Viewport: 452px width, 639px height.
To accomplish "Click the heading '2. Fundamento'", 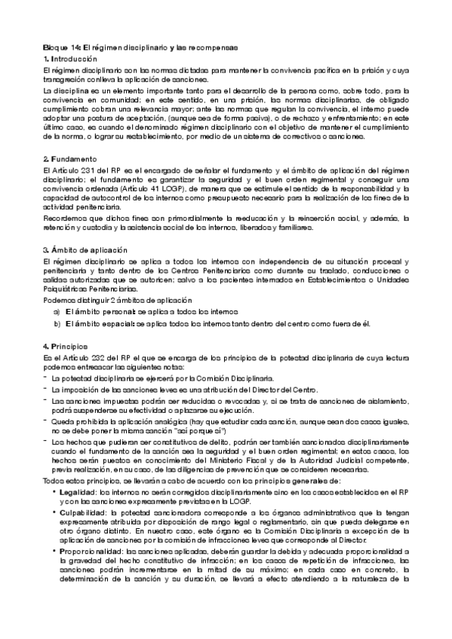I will (69, 160).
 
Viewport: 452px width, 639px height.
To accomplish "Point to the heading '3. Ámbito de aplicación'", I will (85, 249).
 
